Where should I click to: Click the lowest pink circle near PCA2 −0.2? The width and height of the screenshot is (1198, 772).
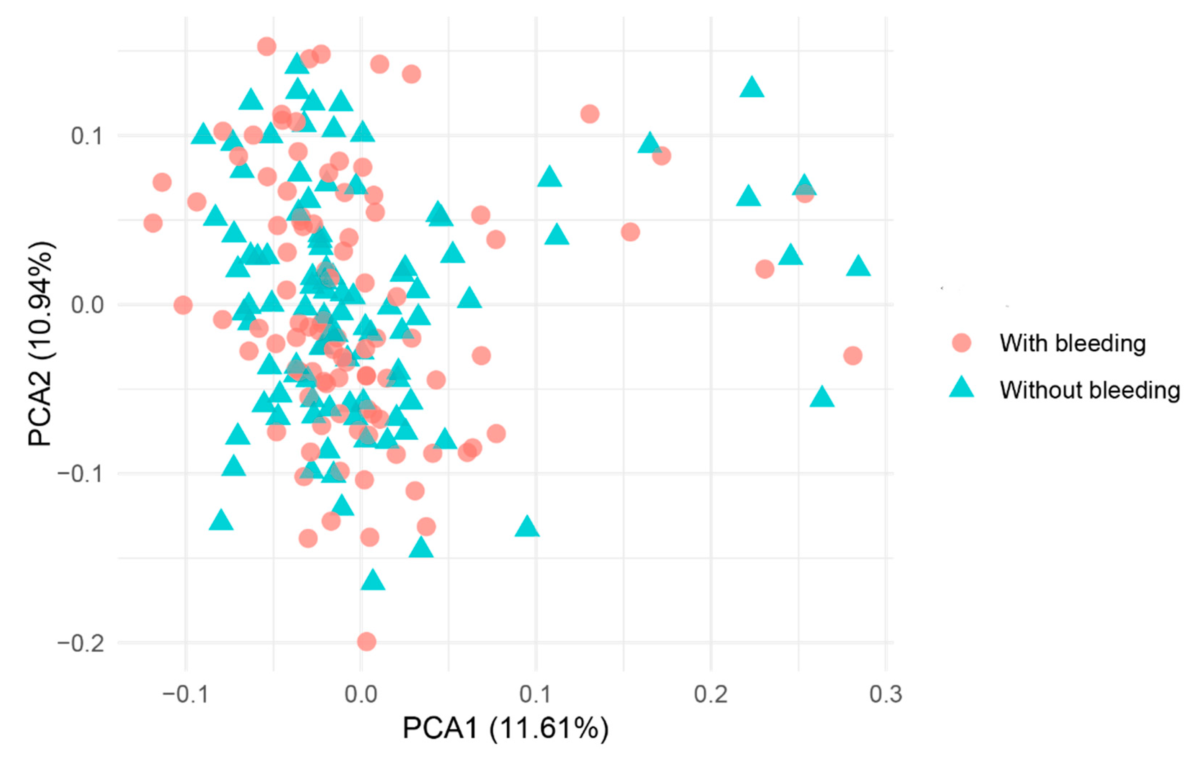pyautogui.click(x=366, y=641)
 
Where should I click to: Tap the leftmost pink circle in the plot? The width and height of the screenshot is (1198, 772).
pyautogui.click(x=153, y=223)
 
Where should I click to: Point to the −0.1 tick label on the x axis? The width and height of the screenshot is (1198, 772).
pyautogui.click(x=185, y=694)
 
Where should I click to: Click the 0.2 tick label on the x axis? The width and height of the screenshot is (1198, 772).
pyautogui.click(x=710, y=694)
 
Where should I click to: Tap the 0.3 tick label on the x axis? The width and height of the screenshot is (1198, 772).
pyautogui.click(x=885, y=694)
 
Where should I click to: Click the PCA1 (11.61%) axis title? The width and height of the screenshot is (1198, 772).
pyautogui.click(x=506, y=728)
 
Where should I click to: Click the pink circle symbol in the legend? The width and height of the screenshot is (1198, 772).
pyautogui.click(x=961, y=343)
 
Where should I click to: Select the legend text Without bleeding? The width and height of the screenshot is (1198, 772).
pyautogui.click(x=1090, y=390)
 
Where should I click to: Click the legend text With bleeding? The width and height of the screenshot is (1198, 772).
pyautogui.click(x=1072, y=343)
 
